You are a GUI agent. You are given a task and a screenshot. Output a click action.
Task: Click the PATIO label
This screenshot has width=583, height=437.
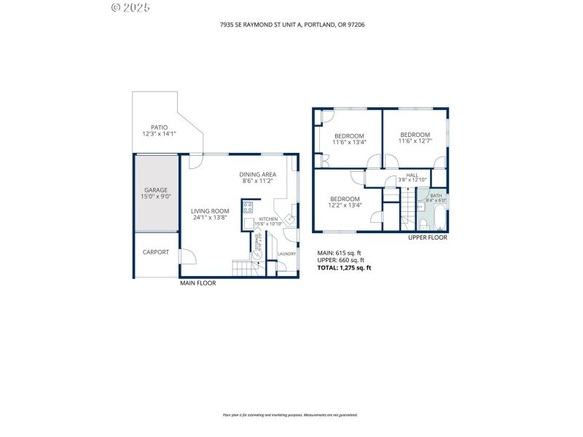click(159, 127)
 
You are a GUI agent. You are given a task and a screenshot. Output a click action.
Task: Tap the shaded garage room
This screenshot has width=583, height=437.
click(156, 194)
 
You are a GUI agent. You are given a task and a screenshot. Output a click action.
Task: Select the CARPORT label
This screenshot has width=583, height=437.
click(156, 252)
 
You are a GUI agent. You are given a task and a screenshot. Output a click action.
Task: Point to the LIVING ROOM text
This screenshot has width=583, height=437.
click(211, 211)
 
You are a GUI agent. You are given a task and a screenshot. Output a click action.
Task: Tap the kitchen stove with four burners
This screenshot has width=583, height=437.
click(248, 207)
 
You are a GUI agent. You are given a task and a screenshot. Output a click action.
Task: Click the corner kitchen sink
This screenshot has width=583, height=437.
click(289, 218)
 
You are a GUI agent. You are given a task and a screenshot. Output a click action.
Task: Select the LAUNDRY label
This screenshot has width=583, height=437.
click(286, 253)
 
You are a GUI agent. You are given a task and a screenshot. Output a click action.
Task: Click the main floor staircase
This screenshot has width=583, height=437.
click(242, 269)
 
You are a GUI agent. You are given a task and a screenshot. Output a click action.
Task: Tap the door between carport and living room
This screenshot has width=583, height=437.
click(187, 256)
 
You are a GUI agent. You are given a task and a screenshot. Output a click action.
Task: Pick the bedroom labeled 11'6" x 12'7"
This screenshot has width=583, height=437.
click(415, 137)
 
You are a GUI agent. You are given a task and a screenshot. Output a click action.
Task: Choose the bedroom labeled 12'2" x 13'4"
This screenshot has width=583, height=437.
click(345, 202)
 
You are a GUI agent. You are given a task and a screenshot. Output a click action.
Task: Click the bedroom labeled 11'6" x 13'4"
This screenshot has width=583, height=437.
click(349, 138)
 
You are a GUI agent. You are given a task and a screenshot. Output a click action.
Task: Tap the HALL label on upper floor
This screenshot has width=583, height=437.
click(412, 176)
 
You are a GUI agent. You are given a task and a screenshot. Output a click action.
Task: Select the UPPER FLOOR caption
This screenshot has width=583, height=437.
click(428, 237)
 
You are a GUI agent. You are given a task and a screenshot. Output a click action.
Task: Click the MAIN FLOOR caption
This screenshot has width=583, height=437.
click(197, 283)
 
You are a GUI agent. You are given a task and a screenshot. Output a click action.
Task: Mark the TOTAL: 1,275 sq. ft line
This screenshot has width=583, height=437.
click(344, 268)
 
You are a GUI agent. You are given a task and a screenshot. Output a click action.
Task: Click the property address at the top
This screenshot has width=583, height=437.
click(291, 24)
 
